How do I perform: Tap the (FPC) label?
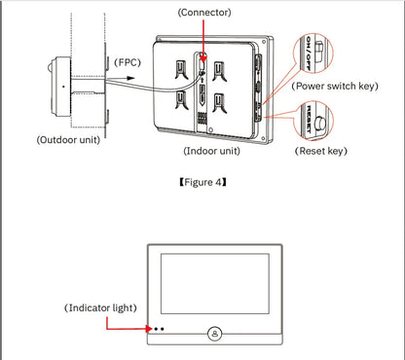tap(129, 61)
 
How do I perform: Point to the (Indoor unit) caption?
tap(212, 152)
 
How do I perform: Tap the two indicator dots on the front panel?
tap(158, 330)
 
